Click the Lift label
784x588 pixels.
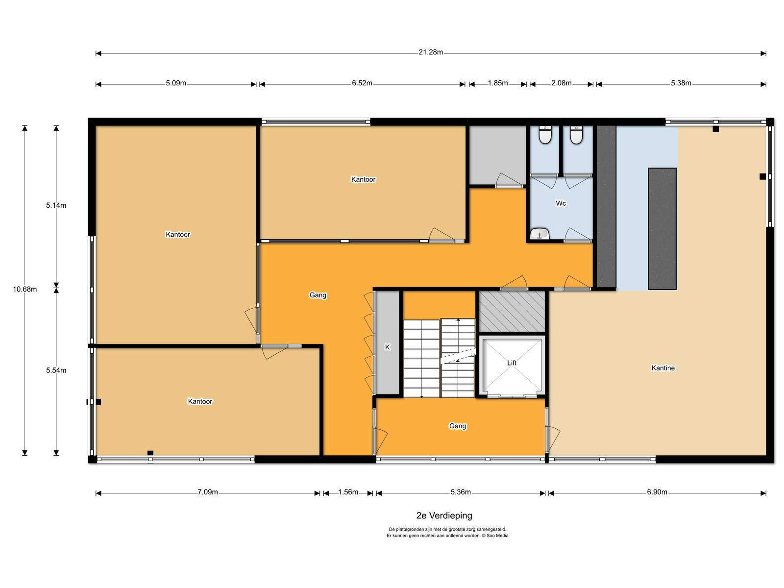pyautogui.click(x=512, y=363)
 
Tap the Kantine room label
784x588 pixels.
pyautogui.click(x=663, y=367)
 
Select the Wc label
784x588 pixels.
pyautogui.click(x=561, y=203)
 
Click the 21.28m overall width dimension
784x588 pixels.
pyautogui.click(x=431, y=52)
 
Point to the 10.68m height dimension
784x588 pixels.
pyautogui.click(x=24, y=289)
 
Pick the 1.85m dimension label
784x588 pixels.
pyautogui.click(x=498, y=83)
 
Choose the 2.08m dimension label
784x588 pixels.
pyautogui.click(x=562, y=83)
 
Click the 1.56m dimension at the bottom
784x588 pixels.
pyautogui.click(x=348, y=492)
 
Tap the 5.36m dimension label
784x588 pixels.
pyautogui.click(x=461, y=492)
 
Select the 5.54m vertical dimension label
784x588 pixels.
pyautogui.click(x=56, y=370)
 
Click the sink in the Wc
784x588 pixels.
pyautogui.click(x=539, y=234)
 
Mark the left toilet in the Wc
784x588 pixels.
pyautogui.click(x=545, y=135)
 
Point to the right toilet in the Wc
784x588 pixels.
pyautogui.click(x=576, y=135)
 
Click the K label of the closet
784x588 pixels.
pyautogui.click(x=387, y=347)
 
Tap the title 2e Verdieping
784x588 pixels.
pyautogui.click(x=444, y=515)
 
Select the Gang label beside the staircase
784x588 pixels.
pyautogui.click(x=458, y=426)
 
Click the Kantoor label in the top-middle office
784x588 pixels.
pyautogui.click(x=363, y=179)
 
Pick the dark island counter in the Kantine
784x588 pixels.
pyautogui.click(x=662, y=228)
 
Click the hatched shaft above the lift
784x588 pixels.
pyautogui.click(x=512, y=311)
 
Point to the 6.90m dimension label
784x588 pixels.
pyautogui.click(x=657, y=492)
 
